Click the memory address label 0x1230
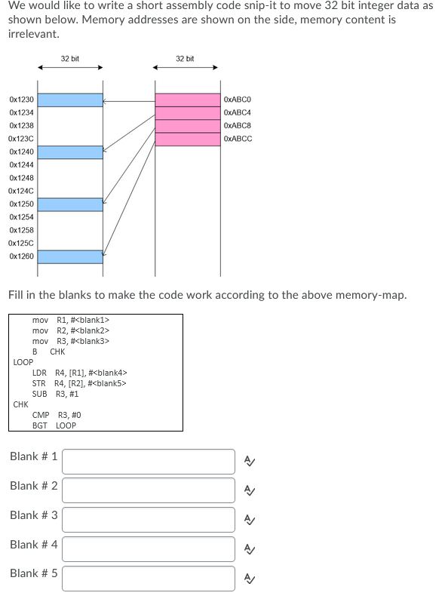click(x=21, y=100)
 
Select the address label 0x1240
click(x=21, y=152)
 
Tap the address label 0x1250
click(x=21, y=204)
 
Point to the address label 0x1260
click(x=21, y=256)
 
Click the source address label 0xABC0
click(x=238, y=100)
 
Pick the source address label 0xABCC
click(x=238, y=139)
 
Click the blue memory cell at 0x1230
click(x=70, y=100)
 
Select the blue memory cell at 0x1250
click(x=70, y=204)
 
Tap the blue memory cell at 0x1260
click(x=70, y=256)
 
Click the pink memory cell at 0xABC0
click(x=187, y=100)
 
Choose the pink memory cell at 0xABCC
click(x=187, y=139)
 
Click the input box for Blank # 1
click(x=149, y=461)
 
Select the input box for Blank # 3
click(x=149, y=519)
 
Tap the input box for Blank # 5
click(x=149, y=578)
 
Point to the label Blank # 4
click(x=33, y=544)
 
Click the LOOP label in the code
click(x=23, y=362)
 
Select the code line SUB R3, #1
click(x=55, y=394)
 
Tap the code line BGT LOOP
click(x=54, y=425)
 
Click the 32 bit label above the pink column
click(x=185, y=58)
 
